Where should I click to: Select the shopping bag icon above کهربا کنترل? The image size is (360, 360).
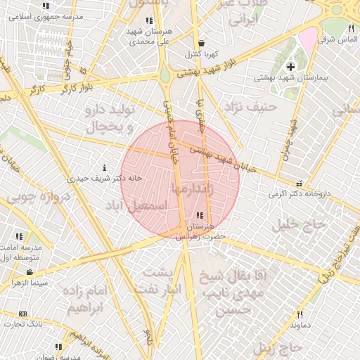202,43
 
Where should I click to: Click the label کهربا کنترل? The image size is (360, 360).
202,53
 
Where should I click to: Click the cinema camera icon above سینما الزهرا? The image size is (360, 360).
30,272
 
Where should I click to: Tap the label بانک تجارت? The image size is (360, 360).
22,324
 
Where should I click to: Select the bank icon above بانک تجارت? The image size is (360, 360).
22,314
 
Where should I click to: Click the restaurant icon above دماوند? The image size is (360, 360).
300,314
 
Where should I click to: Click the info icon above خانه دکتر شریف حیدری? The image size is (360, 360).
105,168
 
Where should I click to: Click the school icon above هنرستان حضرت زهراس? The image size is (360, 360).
200,215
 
